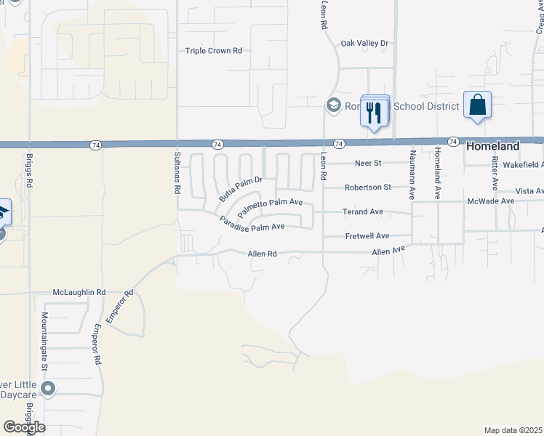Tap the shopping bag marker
[478, 105]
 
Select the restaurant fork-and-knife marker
[375, 111]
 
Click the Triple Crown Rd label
[213, 51]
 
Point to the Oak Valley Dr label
[365, 44]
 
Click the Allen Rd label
[263, 254]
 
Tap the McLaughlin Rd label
[79, 292]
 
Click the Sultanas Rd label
[177, 172]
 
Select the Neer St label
[367, 163]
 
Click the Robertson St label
[368, 187]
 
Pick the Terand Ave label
[363, 212]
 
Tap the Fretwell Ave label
[367, 236]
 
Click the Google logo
[24, 427]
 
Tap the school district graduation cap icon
[334, 106]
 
